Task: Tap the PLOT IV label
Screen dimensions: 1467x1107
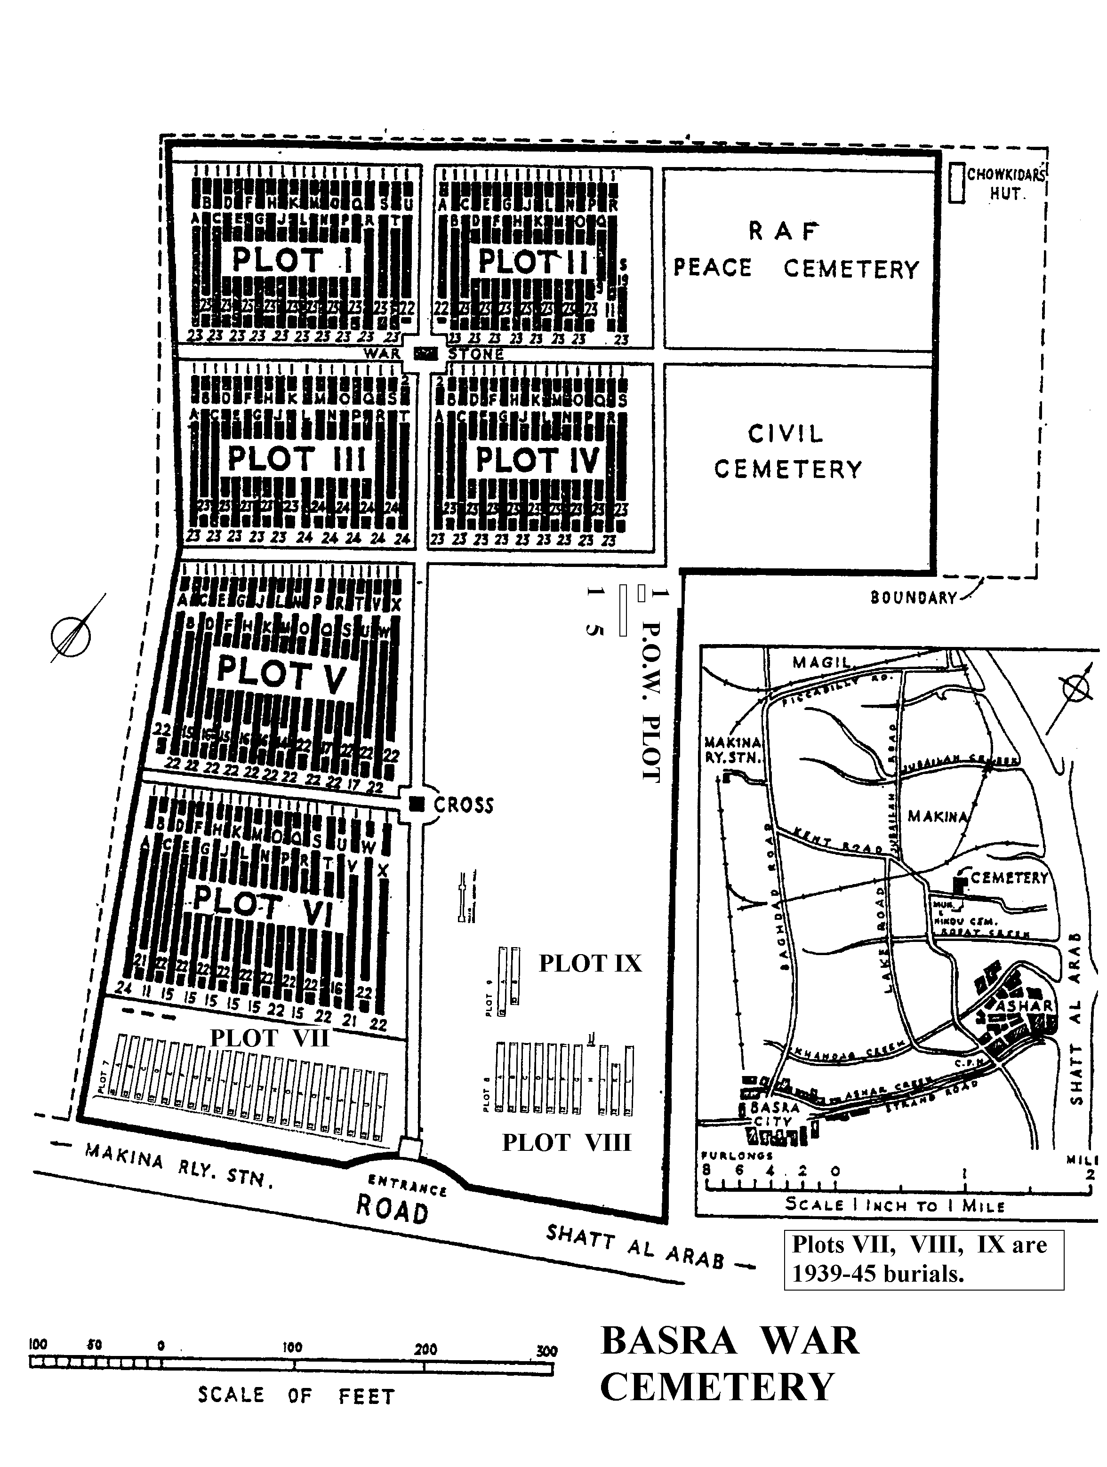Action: click(x=537, y=460)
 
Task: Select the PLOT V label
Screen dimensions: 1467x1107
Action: click(x=281, y=675)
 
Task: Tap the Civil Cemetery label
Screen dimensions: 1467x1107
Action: click(x=787, y=452)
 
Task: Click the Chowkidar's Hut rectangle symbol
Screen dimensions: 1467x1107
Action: click(x=956, y=183)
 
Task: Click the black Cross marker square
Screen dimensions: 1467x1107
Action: click(x=417, y=804)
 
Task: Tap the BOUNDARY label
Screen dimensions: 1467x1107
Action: click(x=914, y=598)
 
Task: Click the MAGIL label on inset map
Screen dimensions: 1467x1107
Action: click(x=821, y=662)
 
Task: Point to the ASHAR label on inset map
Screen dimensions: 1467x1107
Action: click(x=1024, y=1006)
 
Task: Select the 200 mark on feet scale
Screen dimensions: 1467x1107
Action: click(x=425, y=1349)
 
